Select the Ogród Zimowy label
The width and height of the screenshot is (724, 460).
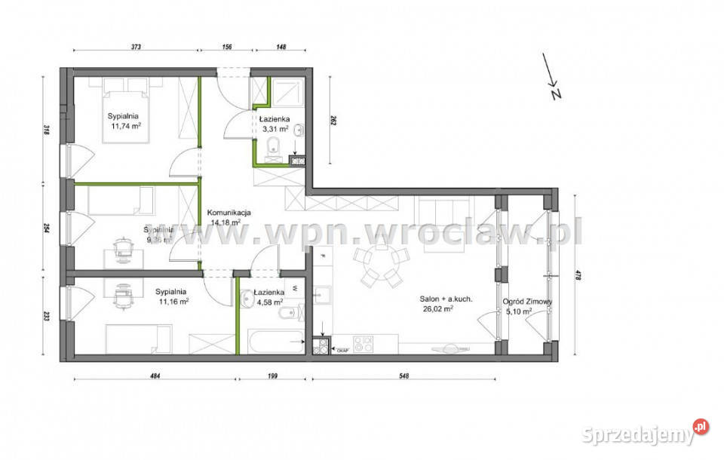(528, 302)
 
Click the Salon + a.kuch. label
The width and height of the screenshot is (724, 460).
(446, 299)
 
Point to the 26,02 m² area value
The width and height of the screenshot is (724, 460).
(437, 309)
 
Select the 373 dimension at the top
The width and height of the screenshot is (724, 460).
(135, 47)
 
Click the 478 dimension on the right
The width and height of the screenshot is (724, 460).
(577, 276)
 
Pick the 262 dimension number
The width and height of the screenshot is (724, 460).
(333, 119)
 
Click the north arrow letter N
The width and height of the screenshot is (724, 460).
(557, 94)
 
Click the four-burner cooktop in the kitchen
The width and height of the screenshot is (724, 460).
(364, 345)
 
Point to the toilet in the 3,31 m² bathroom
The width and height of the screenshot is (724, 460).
(275, 146)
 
